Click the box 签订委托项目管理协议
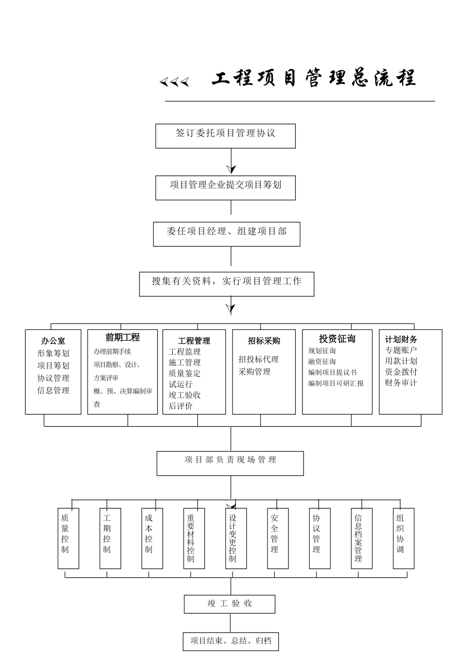(225, 136)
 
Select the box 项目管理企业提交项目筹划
(225, 188)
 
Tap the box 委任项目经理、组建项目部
(227, 234)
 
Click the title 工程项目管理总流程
(314, 78)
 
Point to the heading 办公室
(53, 341)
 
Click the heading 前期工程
(123, 338)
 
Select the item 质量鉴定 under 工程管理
(185, 373)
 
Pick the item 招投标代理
(259, 360)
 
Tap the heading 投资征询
(337, 339)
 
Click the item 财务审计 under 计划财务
(401, 383)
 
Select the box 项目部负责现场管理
(230, 463)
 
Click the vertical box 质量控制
(68, 538)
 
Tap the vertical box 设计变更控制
(236, 538)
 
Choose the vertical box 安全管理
(278, 538)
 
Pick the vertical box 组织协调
(403, 538)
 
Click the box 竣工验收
(230, 604)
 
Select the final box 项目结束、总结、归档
(231, 641)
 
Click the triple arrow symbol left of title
(174, 82)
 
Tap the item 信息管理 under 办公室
(53, 390)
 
